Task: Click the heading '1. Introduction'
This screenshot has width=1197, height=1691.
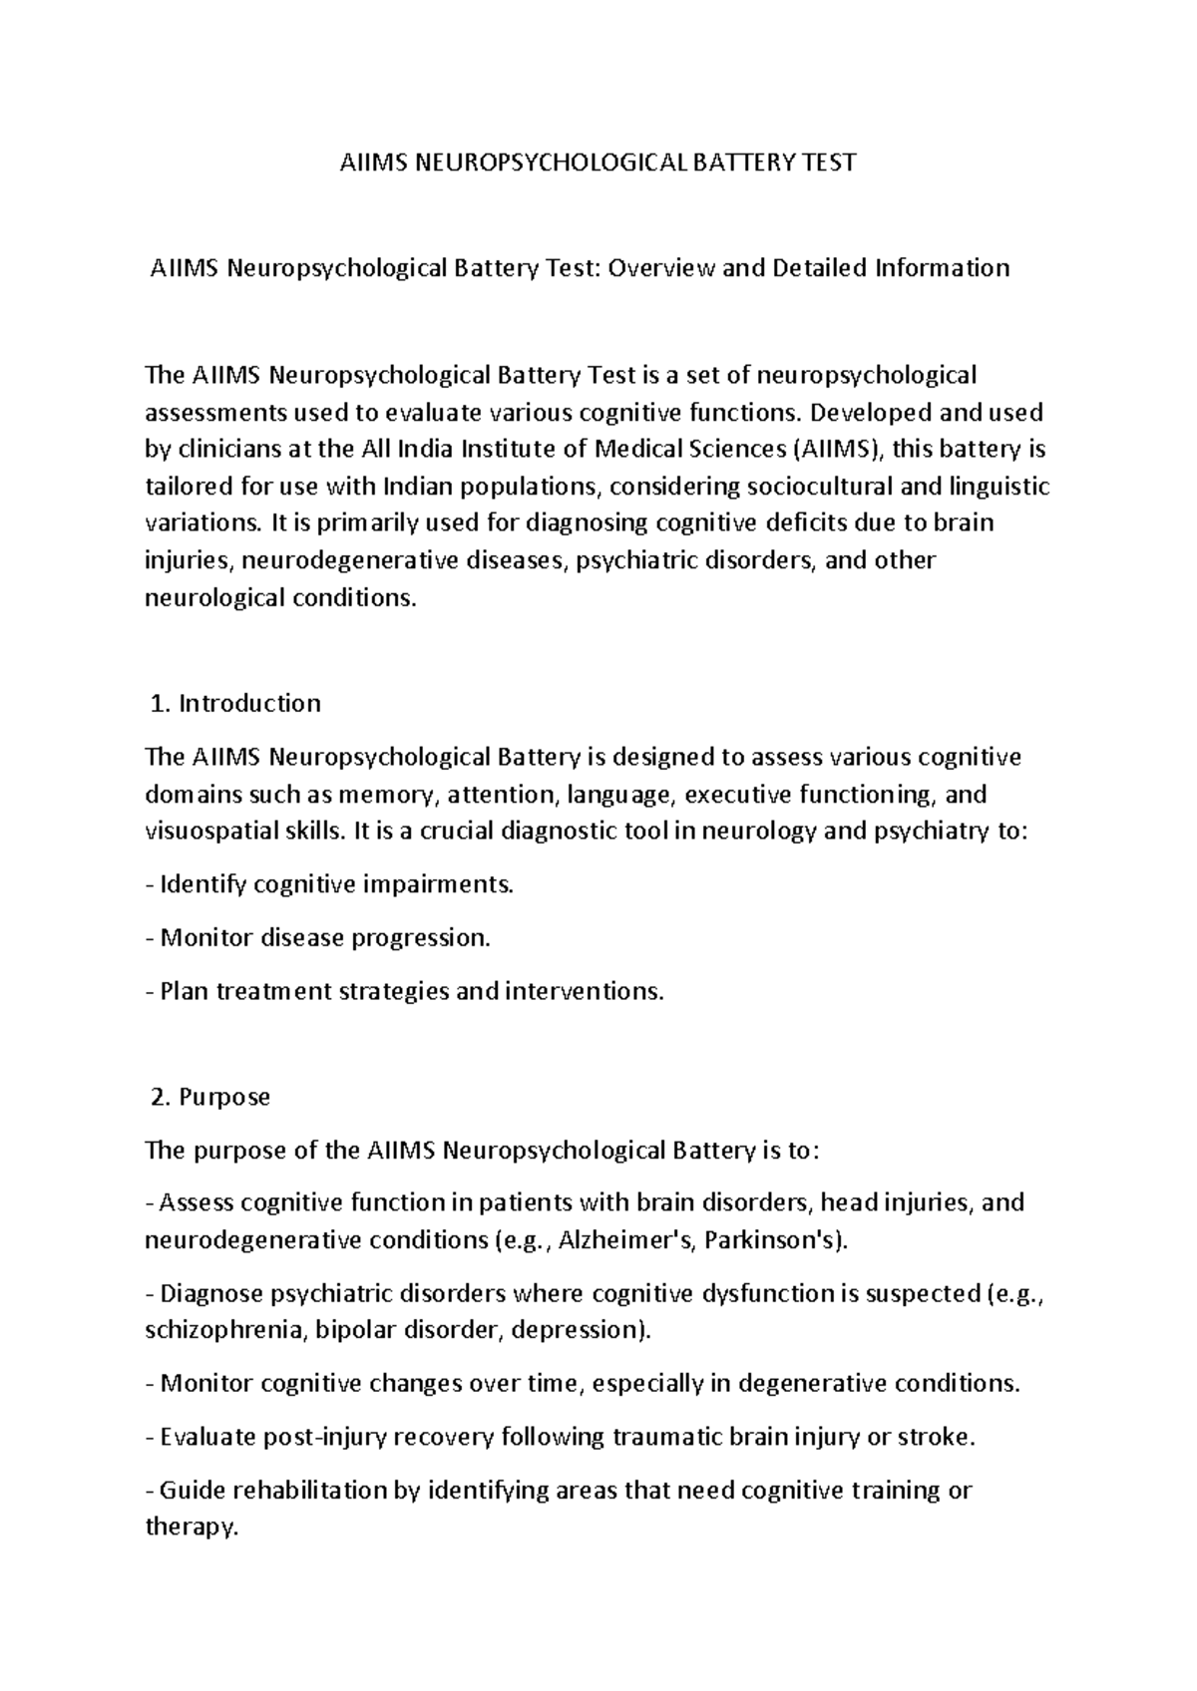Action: click(x=234, y=704)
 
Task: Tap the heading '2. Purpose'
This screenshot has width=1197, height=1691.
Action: click(x=209, y=1097)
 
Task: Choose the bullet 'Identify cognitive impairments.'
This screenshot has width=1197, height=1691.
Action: click(x=330, y=884)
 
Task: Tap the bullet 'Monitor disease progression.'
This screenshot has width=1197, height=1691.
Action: click(x=319, y=938)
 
